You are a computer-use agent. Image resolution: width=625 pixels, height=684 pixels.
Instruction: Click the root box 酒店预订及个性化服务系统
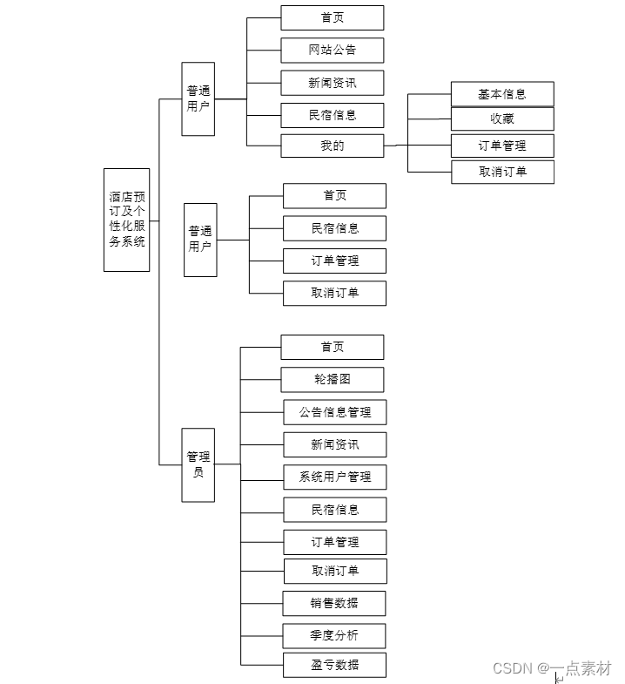(126, 220)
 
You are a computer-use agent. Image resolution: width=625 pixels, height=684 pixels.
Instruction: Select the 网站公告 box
(332, 50)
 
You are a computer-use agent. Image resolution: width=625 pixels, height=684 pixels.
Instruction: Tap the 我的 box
(332, 146)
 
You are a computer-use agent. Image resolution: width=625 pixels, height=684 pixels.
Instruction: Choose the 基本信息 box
(502, 94)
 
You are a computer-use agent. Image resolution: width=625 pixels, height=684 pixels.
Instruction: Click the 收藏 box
(502, 119)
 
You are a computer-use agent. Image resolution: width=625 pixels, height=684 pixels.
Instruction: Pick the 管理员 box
(198, 464)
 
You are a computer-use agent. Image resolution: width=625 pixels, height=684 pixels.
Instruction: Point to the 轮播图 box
(332, 379)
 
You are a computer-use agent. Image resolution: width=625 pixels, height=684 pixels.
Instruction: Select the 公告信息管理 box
(334, 412)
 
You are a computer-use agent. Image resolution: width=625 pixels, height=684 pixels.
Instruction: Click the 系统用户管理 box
(334, 477)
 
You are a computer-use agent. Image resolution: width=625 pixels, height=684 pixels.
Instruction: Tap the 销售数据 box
(334, 603)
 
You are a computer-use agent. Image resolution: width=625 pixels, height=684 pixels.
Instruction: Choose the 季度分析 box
(334, 635)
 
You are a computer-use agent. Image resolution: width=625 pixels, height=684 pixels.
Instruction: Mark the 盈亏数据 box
(334, 665)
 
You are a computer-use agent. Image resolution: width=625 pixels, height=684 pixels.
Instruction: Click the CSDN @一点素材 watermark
(552, 667)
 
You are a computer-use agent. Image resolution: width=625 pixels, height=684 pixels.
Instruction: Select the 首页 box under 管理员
(332, 347)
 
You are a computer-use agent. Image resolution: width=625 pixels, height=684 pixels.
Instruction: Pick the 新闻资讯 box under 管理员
(334, 444)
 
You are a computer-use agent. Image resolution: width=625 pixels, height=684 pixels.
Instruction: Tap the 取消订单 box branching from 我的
(502, 172)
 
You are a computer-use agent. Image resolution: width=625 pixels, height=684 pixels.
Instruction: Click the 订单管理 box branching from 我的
(502, 146)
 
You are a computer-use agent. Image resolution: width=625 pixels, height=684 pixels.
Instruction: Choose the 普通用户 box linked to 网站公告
(198, 98)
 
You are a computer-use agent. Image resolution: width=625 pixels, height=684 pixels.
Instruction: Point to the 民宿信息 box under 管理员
(334, 510)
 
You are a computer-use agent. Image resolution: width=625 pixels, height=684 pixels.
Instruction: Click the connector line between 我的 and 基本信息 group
(396, 145)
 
